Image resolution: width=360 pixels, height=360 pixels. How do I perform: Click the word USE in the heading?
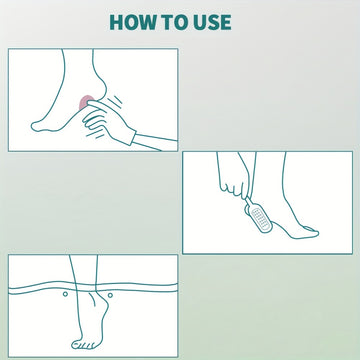pyautogui.click(x=210, y=22)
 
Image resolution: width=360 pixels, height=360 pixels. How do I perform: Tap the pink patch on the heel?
pyautogui.click(x=85, y=103)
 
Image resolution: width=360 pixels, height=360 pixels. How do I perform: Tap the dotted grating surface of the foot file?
pyautogui.click(x=260, y=219)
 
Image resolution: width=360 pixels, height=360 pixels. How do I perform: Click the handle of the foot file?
pyautogui.click(x=249, y=202)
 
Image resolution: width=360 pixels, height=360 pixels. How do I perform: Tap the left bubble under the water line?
pyautogui.click(x=65, y=294)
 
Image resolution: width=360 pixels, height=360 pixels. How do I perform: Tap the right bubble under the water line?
pyautogui.click(x=110, y=295)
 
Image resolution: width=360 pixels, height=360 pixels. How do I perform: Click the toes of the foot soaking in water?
pyautogui.click(x=83, y=345)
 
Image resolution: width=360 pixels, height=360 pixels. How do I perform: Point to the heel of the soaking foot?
pyautogui.click(x=102, y=302)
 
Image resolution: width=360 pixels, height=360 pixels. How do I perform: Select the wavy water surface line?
pyautogui.click(x=93, y=288)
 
